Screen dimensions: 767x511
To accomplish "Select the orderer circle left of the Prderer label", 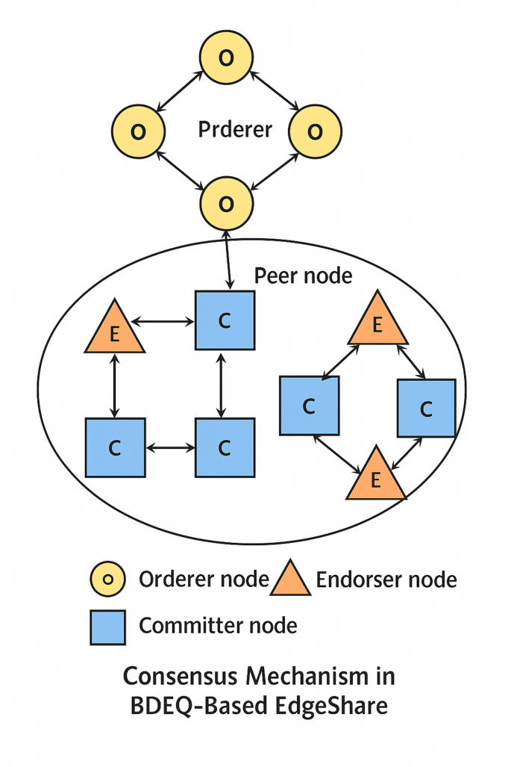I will click(138, 131).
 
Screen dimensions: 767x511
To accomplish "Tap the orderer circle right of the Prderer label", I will click(315, 131).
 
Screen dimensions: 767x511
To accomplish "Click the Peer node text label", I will click(302, 276).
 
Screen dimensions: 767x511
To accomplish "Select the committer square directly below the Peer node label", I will click(225, 320).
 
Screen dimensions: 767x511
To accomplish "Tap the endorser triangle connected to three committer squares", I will click(114, 330).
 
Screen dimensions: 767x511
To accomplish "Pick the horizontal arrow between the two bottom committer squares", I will click(169, 447).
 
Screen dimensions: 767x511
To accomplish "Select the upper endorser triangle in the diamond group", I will click(377, 323).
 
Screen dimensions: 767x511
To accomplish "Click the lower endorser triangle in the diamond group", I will click(376, 476).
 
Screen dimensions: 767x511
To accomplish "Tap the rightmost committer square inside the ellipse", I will click(426, 408).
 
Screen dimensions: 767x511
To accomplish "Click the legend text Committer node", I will click(218, 625).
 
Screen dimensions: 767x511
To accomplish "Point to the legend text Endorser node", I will click(386, 580).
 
